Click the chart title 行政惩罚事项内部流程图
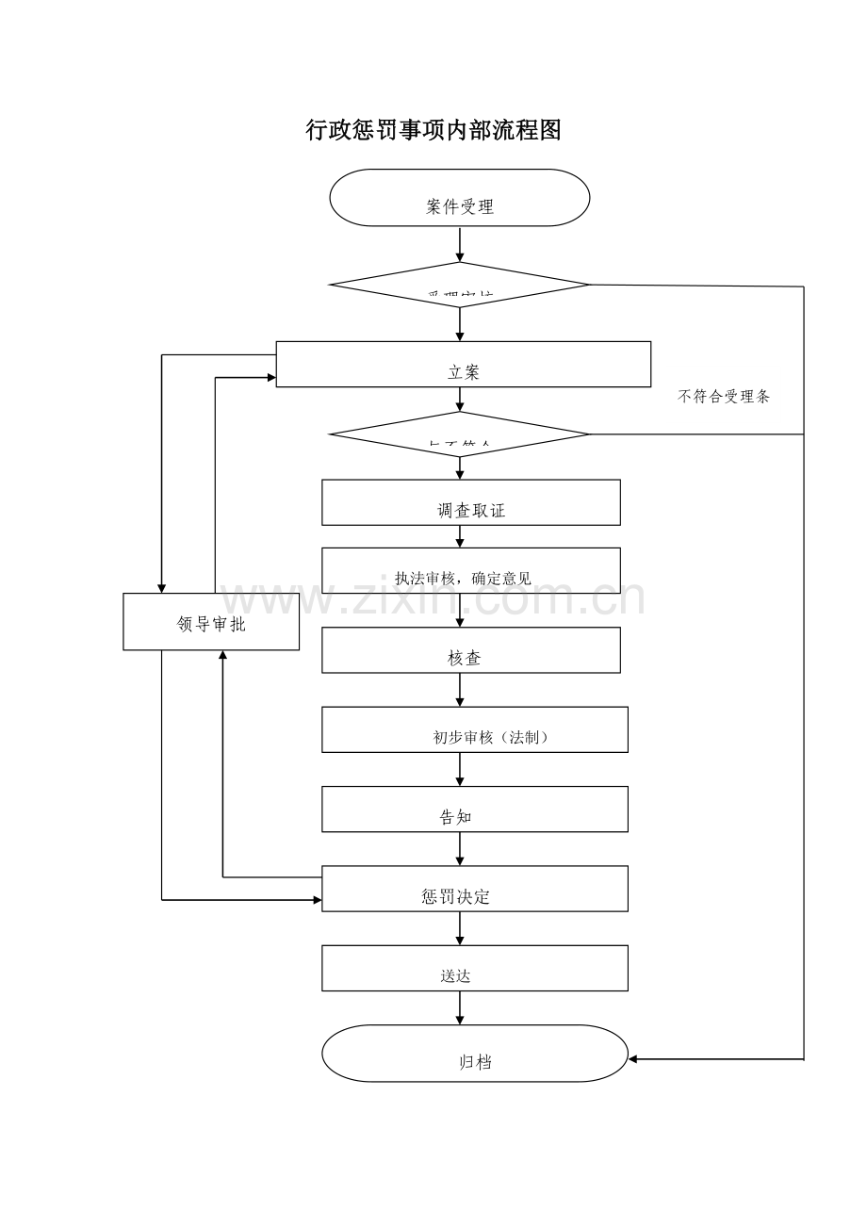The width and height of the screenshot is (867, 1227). [x=433, y=131]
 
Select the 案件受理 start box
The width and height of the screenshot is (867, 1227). [x=459, y=198]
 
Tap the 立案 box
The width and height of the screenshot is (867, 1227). [x=463, y=364]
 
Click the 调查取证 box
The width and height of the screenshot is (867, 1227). [x=470, y=502]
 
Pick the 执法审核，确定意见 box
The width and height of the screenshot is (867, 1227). [x=470, y=571]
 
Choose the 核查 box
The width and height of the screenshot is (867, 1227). [x=470, y=650]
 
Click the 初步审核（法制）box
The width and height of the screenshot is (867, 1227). [x=474, y=729]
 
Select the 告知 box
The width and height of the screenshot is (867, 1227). [x=474, y=810]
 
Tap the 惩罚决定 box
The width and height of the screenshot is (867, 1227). [x=474, y=889]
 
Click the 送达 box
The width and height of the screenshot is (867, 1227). [x=474, y=968]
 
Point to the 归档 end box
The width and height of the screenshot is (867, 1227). [x=474, y=1054]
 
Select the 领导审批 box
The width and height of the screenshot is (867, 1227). [x=211, y=622]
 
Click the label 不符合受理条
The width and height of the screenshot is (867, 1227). [x=724, y=397]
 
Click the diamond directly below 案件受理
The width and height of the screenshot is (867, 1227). [x=459, y=285]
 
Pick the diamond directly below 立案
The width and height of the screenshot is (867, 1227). [x=459, y=434]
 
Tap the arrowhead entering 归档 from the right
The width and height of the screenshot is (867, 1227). [x=634, y=1059]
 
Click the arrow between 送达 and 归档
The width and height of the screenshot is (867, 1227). [x=460, y=1008]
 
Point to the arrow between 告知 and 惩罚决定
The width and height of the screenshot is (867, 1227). [x=460, y=849]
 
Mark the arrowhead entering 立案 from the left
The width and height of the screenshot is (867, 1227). [x=270, y=378]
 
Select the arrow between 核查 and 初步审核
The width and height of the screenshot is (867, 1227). [x=460, y=690]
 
